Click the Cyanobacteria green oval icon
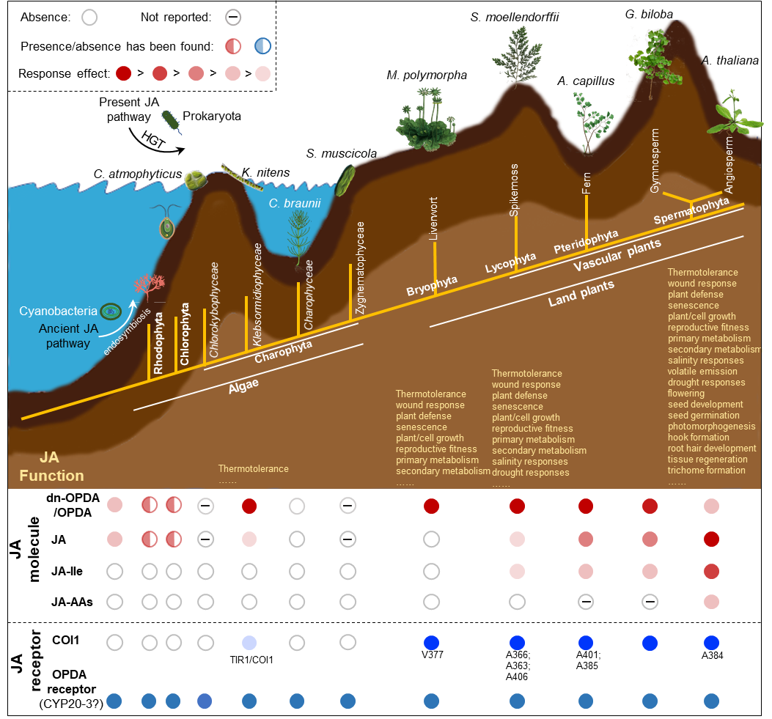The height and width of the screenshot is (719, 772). [111, 311]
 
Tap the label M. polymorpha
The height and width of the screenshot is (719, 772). [426, 75]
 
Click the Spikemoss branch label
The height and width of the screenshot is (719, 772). [515, 190]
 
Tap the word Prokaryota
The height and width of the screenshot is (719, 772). [212, 116]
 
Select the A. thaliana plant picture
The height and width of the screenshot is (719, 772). [730, 114]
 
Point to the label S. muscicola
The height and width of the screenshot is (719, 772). [342, 153]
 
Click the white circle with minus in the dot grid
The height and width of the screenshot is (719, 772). [206, 506]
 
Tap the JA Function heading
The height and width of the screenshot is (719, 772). [51, 467]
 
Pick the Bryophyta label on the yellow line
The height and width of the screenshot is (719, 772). [432, 286]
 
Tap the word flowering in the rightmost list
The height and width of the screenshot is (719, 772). [686, 394]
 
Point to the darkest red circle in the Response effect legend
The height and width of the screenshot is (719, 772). [123, 73]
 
